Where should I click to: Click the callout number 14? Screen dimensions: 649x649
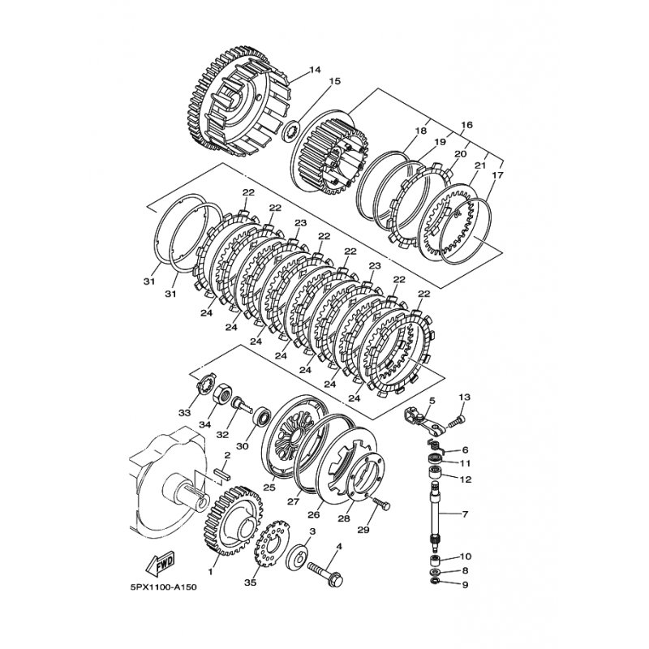coord(315,70)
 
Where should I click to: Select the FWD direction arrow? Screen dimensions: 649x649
coord(160,564)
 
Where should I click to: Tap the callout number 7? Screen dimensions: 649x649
coord(465,514)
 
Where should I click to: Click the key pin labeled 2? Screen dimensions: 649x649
coord(221,473)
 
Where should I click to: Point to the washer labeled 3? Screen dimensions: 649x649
coord(297,556)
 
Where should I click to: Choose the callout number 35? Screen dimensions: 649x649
coord(251,582)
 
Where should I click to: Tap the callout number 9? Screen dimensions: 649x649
coord(465,585)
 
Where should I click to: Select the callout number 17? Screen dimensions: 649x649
coord(498,175)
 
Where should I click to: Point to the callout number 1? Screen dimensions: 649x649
coord(210,572)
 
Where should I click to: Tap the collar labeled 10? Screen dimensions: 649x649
coord(435,561)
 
